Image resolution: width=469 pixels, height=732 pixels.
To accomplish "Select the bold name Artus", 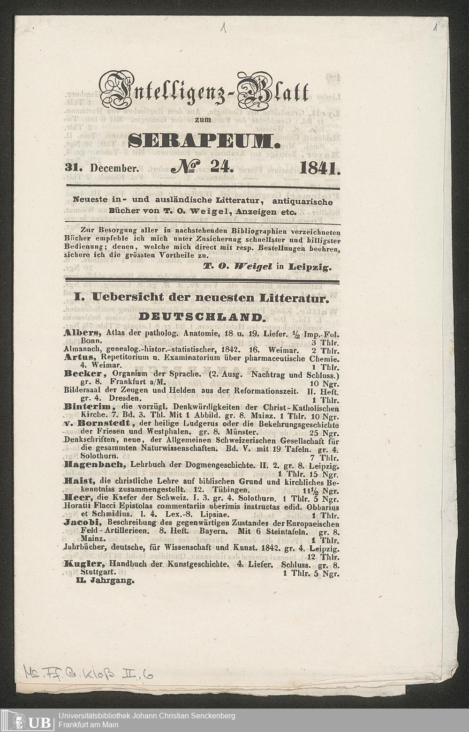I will click(77, 357).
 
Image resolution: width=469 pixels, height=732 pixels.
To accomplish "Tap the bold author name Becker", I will click(83, 373).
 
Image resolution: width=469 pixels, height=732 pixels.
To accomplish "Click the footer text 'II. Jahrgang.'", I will click(105, 580).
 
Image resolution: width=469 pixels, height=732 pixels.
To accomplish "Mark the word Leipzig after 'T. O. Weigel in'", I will click(310, 268).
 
